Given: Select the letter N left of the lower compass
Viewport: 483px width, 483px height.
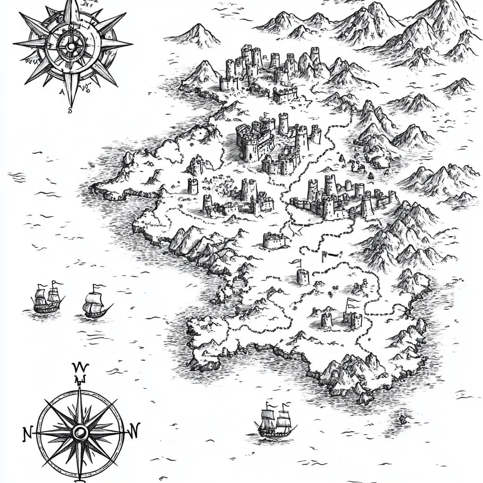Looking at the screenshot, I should coord(27,433).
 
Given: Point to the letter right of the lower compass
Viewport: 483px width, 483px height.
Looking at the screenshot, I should coord(134,430).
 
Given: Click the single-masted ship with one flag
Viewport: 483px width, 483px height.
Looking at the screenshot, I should coord(96,304).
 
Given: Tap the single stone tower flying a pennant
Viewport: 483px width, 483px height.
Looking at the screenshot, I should coord(302,276).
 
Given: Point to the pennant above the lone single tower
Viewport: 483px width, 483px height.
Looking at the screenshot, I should coord(296,262).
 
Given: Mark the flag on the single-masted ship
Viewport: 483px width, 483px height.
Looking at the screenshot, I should coord(96,286).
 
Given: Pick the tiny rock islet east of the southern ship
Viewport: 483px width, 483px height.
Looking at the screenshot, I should coord(403,418).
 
